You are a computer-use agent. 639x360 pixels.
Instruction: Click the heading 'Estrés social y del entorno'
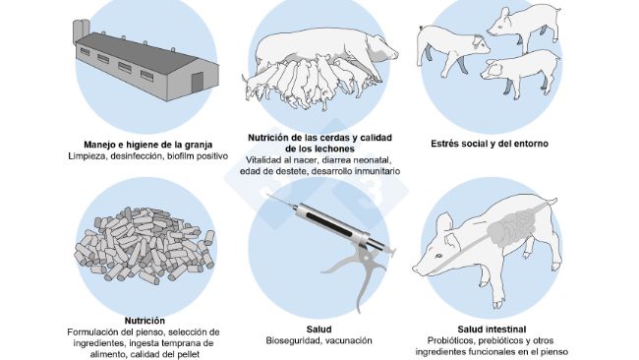[489, 144]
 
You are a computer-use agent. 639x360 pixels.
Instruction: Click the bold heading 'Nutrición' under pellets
[145, 321]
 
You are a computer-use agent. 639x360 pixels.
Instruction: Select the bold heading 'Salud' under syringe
[319, 329]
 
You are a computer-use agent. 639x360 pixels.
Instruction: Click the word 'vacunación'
[347, 341]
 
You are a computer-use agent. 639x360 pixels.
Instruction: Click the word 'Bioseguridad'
[294, 341]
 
